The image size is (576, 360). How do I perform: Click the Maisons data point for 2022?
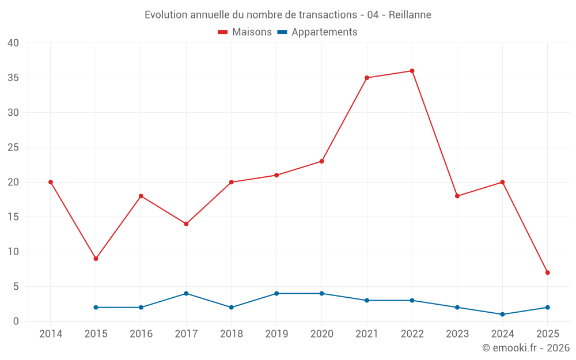pos(412,71)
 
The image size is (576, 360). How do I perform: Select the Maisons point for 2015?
pos(96,259)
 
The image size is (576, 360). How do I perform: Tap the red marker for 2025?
pos(547,272)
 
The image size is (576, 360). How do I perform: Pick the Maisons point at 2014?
pos(51,182)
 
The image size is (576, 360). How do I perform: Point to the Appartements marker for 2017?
pos(186,294)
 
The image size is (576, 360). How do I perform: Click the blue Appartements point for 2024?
pos(502,314)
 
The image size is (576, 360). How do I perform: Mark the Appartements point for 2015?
pos(96,308)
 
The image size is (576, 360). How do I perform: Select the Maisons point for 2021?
pos(367,78)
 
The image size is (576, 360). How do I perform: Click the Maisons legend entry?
pos(245,32)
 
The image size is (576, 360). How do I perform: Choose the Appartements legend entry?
pos(317,32)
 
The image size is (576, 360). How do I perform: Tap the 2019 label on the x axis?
pos(276,334)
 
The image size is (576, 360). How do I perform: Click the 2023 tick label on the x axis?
pos(457,334)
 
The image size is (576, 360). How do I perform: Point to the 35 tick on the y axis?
pos(13,78)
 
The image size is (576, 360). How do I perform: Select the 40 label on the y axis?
pos(13,43)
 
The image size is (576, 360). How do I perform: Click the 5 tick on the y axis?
pos(16,287)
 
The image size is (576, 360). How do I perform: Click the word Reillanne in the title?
pos(410,14)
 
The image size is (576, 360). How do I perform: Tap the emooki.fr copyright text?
pos(526,348)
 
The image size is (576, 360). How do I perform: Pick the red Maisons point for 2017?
pos(186,224)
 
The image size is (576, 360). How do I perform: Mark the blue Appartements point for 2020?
pos(321,294)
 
